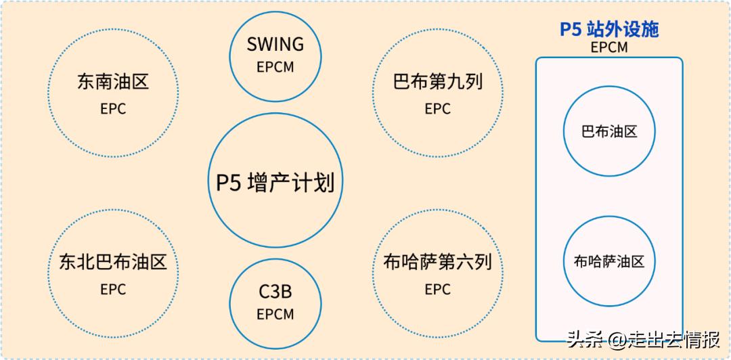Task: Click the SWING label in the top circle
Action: (275, 44)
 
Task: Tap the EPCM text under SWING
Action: (275, 67)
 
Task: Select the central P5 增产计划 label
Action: (275, 182)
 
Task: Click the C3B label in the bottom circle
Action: (275, 292)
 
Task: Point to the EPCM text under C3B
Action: (275, 314)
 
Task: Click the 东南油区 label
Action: (113, 82)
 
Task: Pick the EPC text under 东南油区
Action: (113, 109)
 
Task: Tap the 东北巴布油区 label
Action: (113, 262)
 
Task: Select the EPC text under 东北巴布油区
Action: (113, 290)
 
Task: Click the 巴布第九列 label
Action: (437, 82)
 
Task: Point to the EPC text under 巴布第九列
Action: (437, 109)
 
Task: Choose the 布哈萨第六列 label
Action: (437, 262)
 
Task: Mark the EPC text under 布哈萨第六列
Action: (437, 290)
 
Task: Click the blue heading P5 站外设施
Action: (609, 29)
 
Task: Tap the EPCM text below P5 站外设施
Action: (609, 47)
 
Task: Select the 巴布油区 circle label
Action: (609, 131)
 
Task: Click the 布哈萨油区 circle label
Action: (609, 261)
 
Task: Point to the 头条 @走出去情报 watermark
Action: (643, 340)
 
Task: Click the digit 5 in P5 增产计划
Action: (235, 182)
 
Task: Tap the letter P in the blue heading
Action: (565, 29)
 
